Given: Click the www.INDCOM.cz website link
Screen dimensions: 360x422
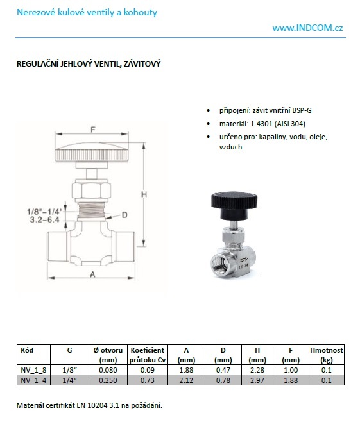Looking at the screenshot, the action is pos(307,28).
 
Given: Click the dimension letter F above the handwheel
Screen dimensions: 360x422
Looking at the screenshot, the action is pos(93,130).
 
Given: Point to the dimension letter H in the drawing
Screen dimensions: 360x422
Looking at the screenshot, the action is pos(144,194).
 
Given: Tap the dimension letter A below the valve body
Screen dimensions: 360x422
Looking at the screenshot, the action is pos(92,274).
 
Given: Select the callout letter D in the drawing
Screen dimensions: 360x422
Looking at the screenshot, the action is pos(124,215).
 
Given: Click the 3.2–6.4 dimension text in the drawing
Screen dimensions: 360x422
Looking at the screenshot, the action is pos(45,220).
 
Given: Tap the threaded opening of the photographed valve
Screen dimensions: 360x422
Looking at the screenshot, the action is pos(220,264).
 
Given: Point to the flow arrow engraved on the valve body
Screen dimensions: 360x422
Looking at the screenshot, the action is pos(243,260).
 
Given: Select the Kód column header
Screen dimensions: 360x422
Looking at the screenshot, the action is pos(27,350).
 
